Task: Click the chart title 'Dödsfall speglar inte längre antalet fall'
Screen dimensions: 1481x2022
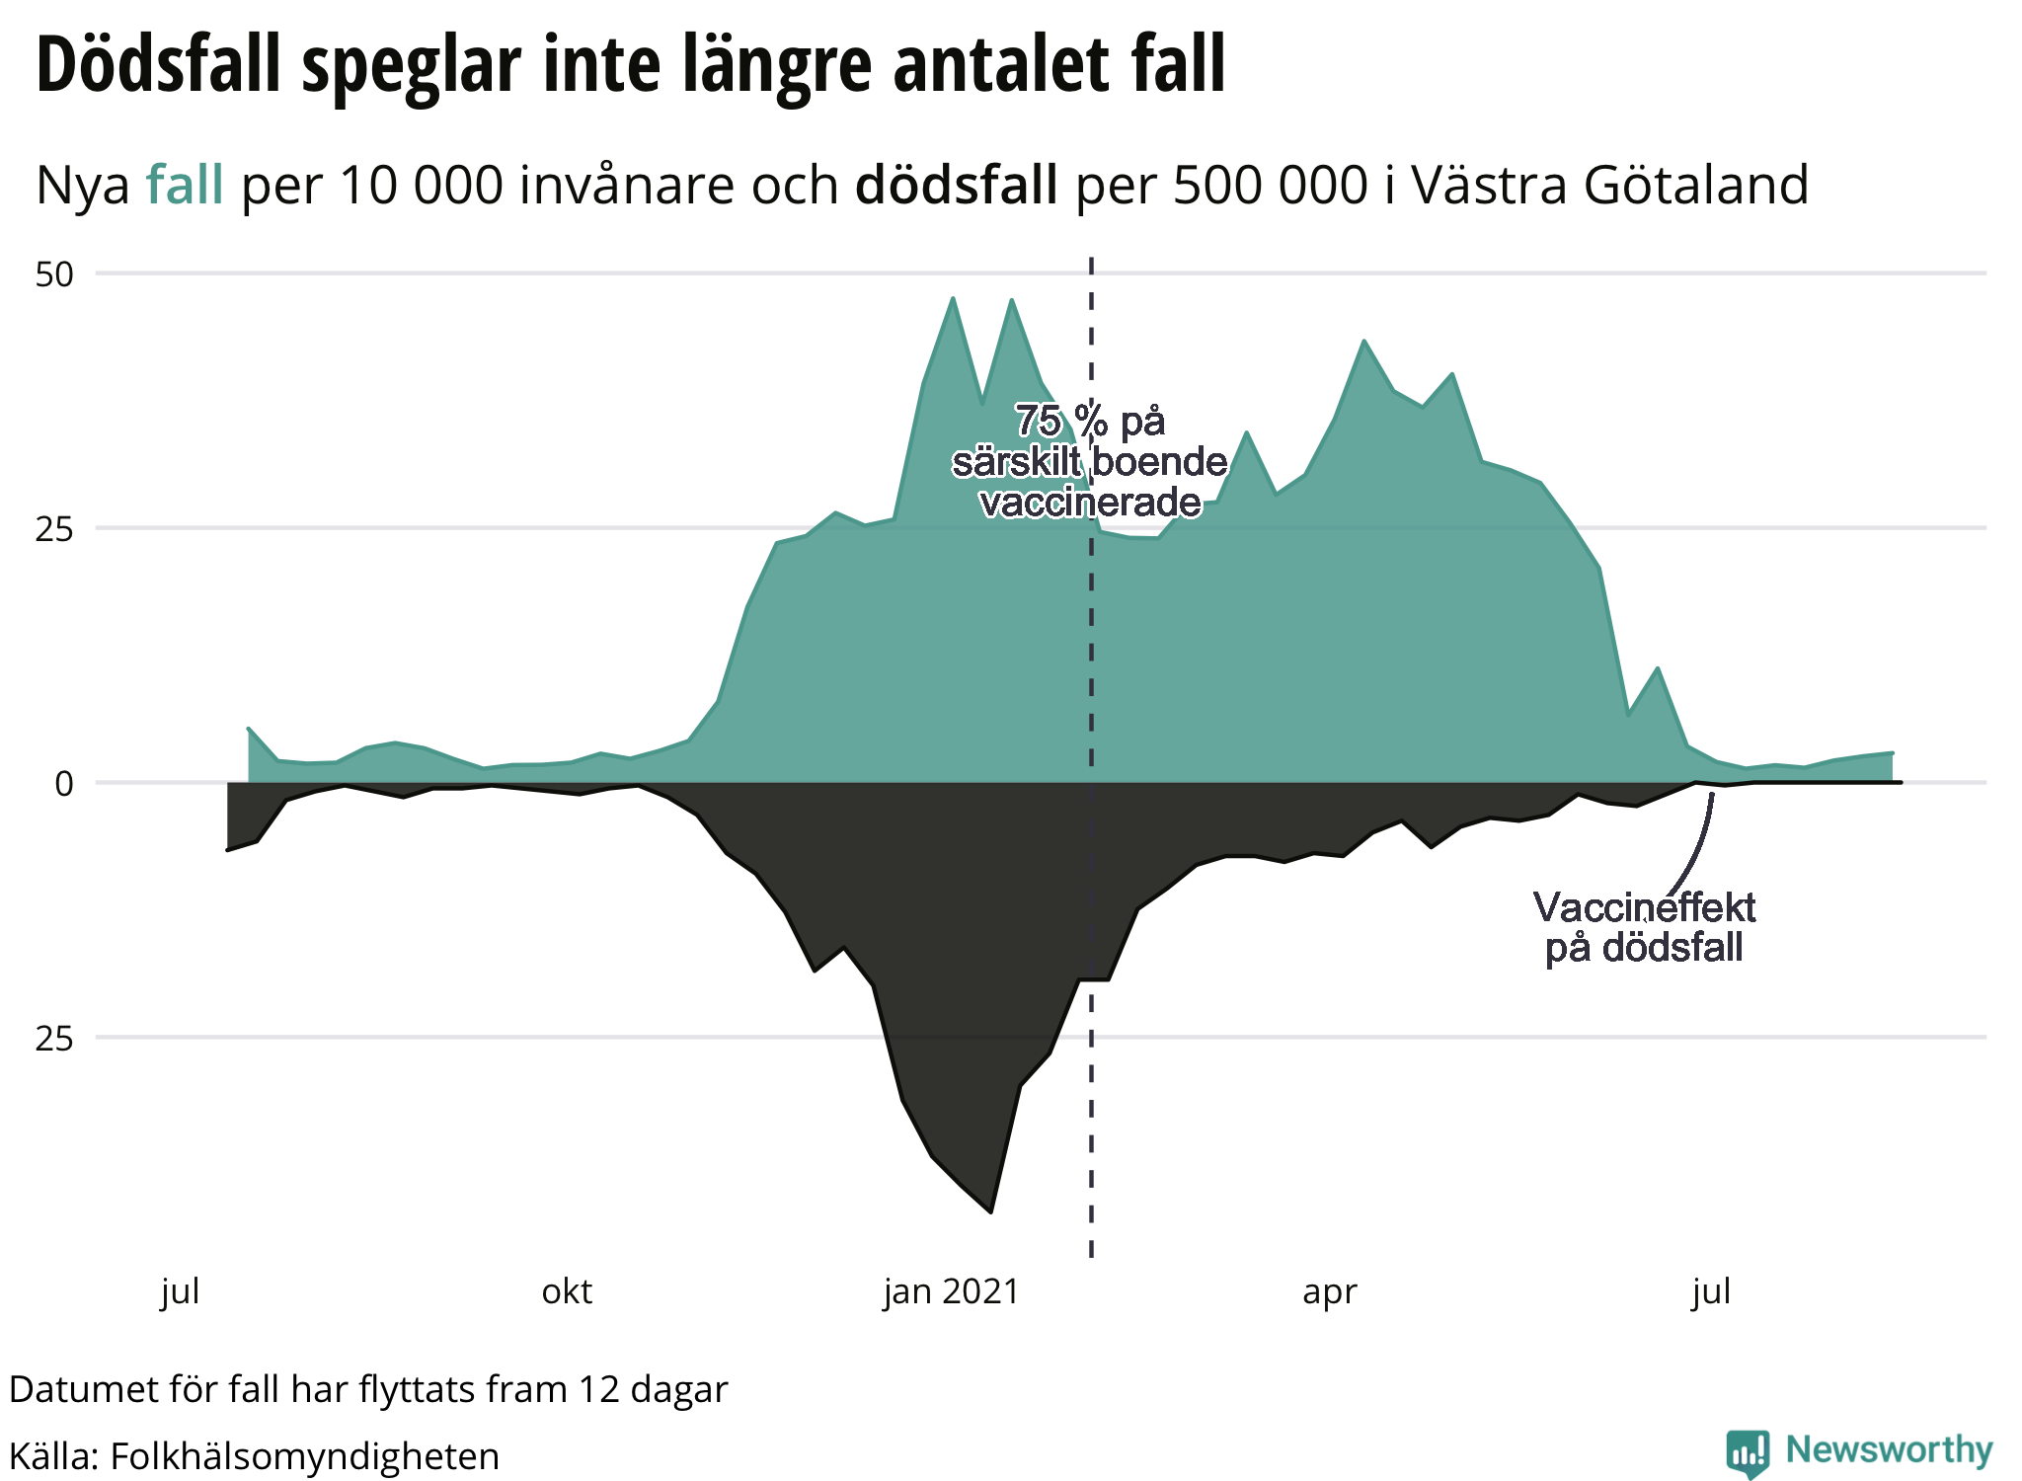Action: tap(630, 65)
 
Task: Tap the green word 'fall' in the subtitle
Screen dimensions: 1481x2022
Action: tap(185, 185)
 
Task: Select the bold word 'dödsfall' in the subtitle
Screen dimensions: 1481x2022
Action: tap(956, 185)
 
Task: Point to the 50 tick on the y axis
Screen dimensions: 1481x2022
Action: tap(55, 274)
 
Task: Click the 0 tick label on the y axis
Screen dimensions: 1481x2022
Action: tap(64, 784)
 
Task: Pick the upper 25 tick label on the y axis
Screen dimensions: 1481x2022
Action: tap(55, 529)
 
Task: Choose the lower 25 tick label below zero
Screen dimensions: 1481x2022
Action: tap(55, 1039)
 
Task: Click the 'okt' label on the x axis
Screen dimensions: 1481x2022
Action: tap(567, 1291)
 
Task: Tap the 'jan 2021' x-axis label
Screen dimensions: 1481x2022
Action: tap(951, 1291)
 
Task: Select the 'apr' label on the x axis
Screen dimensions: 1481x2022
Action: tap(1329, 1291)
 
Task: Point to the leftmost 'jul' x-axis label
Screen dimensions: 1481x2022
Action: tap(181, 1291)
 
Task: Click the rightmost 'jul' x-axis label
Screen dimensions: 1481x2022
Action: tap(1711, 1291)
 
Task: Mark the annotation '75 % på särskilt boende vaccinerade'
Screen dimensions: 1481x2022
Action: tap(1090, 462)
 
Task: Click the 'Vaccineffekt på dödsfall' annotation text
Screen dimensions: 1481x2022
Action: tap(1644, 927)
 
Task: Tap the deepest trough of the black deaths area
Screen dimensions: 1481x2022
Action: tap(990, 1209)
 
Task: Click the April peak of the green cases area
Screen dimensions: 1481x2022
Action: tap(1363, 343)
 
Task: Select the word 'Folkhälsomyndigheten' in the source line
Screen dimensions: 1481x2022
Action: tap(304, 1456)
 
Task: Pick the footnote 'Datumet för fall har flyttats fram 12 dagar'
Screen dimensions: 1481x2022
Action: tap(368, 1389)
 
